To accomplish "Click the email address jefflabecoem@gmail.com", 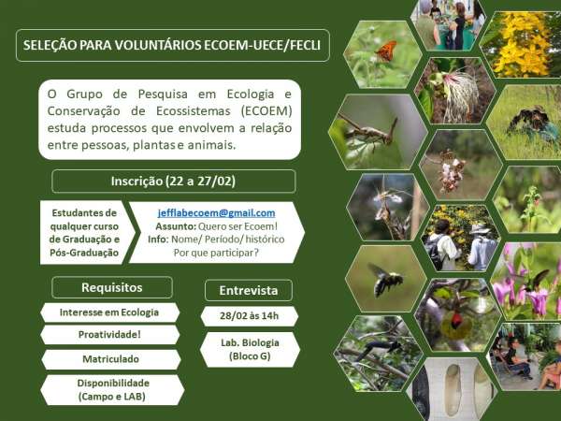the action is [217, 213].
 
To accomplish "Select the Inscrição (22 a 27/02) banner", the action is [174, 181].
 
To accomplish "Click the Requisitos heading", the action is [112, 287].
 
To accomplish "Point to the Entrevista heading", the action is [249, 290].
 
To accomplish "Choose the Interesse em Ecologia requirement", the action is [109, 312].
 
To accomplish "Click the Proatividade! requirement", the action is [109, 335].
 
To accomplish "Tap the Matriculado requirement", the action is [111, 359].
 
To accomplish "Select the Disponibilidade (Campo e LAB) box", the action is [112, 390].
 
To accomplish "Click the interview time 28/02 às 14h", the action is [250, 316].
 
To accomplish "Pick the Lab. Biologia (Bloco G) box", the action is [250, 349].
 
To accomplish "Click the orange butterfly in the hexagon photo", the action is [386, 51].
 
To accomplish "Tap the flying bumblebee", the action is [384, 279].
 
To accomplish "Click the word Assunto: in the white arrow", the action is [176, 226].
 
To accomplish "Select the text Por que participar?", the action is [216, 253].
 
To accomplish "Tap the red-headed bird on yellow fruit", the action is [455, 324].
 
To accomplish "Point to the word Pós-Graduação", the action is [84, 253].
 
